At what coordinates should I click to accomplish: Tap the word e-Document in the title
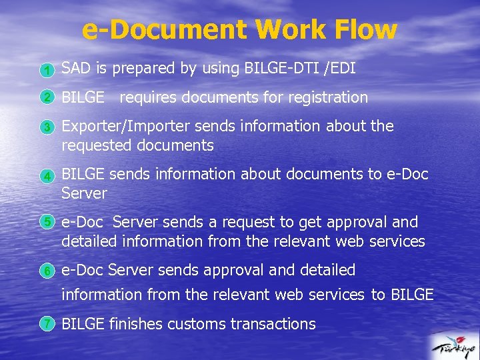click(163, 29)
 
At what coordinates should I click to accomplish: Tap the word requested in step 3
click(95, 145)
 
